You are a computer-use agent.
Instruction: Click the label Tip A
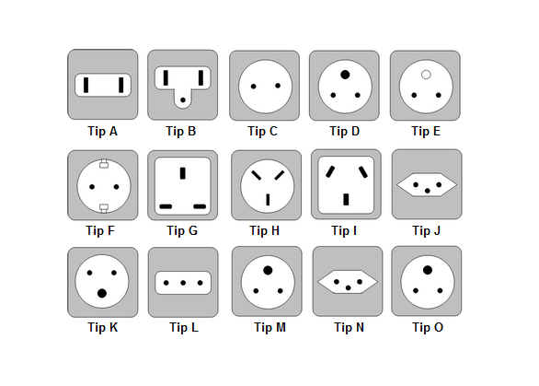(x=102, y=131)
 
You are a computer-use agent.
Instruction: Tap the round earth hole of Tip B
(x=183, y=99)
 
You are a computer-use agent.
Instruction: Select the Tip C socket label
(x=263, y=131)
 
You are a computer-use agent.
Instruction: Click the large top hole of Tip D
(x=345, y=75)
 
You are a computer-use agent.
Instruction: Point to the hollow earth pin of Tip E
(x=426, y=75)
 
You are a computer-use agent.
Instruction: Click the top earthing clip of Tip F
(x=104, y=164)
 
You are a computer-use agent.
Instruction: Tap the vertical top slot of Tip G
(x=183, y=173)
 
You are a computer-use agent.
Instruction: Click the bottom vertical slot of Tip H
(x=268, y=200)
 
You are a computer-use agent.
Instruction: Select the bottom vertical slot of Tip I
(x=346, y=199)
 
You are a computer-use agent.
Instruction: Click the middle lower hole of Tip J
(x=428, y=191)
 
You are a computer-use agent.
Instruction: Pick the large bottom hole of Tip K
(x=102, y=293)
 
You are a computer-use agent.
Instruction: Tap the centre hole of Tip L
(x=183, y=283)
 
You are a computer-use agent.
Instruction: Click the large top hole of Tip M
(x=268, y=270)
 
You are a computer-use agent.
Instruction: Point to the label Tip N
(x=349, y=327)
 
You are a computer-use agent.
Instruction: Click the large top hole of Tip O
(x=428, y=270)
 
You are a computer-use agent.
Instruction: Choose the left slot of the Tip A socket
(x=86, y=85)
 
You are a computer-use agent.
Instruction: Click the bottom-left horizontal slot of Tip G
(x=166, y=206)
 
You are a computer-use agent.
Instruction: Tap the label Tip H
(x=264, y=230)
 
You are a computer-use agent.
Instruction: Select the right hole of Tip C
(x=278, y=86)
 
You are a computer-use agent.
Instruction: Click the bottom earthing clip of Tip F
(x=104, y=207)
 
